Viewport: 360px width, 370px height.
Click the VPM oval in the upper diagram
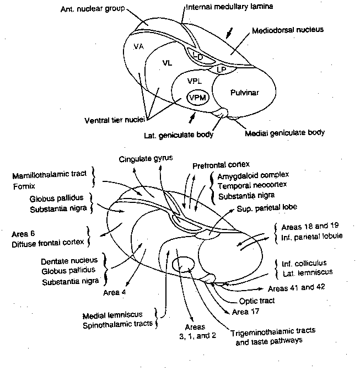(197, 98)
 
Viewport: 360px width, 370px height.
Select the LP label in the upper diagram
(221, 69)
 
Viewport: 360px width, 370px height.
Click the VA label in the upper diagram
(138, 47)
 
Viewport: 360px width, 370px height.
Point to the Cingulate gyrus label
(146, 159)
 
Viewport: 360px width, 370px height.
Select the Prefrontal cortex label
(221, 165)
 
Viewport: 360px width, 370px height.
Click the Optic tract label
(257, 301)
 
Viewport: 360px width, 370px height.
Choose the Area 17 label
(245, 312)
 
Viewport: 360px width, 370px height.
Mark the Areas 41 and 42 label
(294, 288)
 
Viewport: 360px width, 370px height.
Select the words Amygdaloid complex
(248, 176)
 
